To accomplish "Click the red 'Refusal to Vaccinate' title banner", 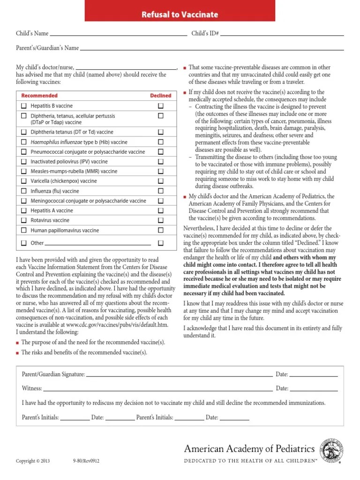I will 180,15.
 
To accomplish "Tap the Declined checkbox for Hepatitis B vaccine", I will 161,106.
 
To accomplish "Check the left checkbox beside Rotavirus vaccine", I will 24,220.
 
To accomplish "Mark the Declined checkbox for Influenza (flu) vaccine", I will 161,191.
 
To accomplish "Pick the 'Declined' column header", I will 160,96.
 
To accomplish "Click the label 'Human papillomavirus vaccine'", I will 65,231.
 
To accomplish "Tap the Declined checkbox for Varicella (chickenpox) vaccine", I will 161,181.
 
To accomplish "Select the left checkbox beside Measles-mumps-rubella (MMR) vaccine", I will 24,172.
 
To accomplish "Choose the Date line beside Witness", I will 314,390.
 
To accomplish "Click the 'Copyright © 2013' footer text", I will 33,461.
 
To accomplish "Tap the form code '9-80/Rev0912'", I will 86,461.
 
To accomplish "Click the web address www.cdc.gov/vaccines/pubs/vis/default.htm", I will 117,325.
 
